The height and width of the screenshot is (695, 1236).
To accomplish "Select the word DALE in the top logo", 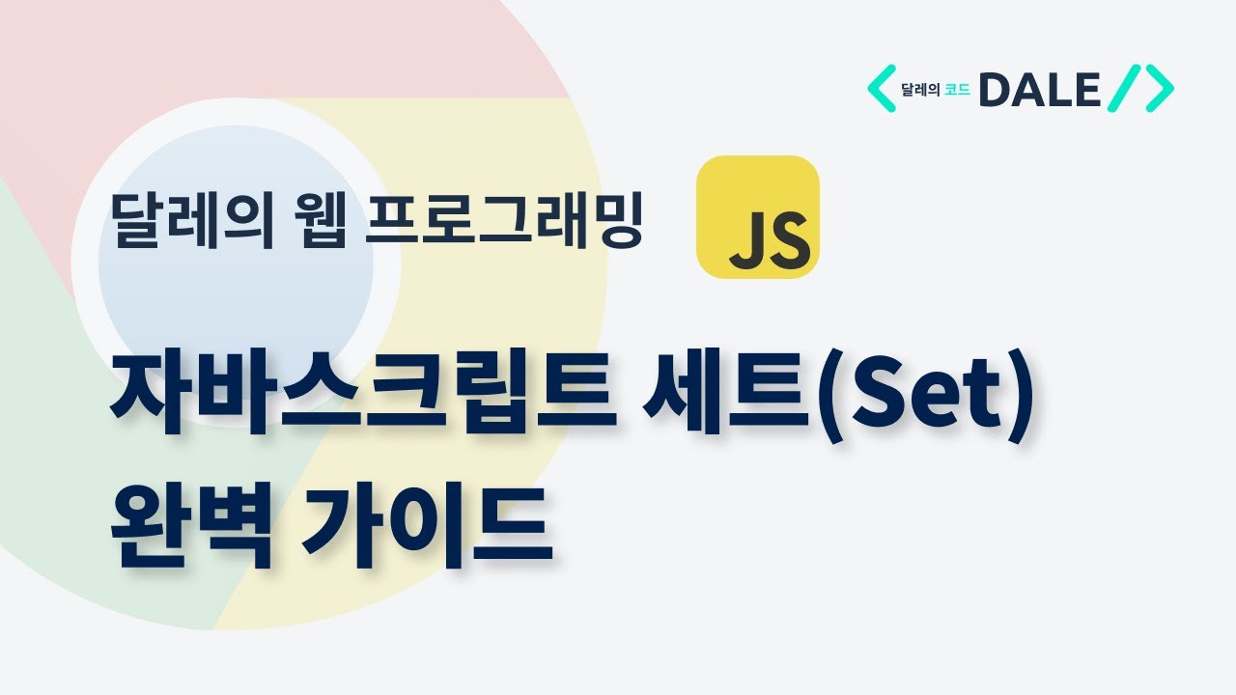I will click(x=1039, y=91).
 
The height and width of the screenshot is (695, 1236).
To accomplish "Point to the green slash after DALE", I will click(x=1125, y=90).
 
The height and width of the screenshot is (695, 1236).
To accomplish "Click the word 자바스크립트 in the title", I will click(x=362, y=395).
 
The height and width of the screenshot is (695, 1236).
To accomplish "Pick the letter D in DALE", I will click(x=995, y=91).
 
